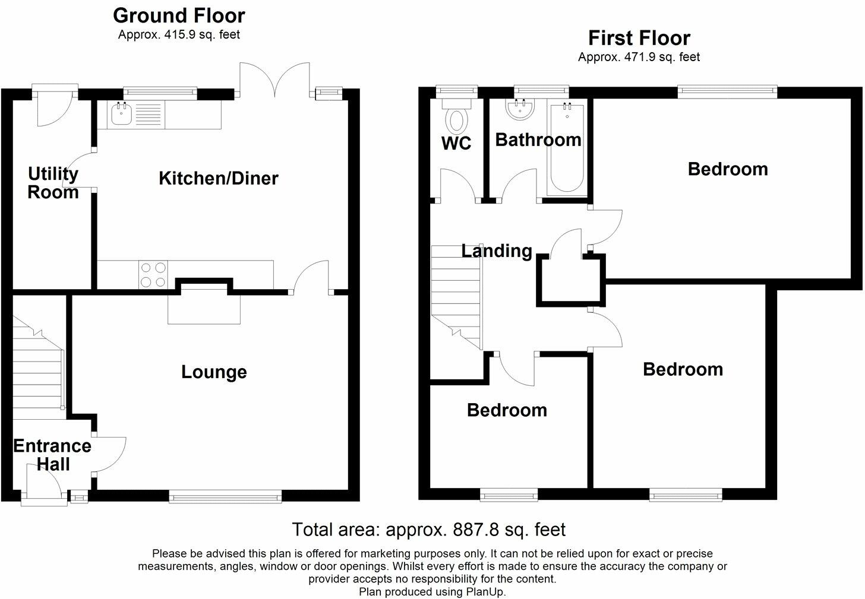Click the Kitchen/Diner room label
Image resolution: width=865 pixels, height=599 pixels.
click(x=218, y=178)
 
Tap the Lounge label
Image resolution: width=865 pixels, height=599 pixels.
click(x=214, y=372)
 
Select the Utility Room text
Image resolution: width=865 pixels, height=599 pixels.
click(x=53, y=183)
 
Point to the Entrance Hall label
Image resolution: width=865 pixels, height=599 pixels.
click(x=52, y=455)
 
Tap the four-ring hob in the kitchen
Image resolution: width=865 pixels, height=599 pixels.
click(x=153, y=275)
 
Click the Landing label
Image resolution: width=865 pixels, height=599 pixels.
click(x=497, y=251)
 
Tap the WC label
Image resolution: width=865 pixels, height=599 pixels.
click(x=456, y=143)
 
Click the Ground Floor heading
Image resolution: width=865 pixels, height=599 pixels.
click(x=179, y=15)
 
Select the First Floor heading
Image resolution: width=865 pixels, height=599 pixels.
click(x=639, y=38)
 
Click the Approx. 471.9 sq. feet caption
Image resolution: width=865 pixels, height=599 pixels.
click(x=639, y=58)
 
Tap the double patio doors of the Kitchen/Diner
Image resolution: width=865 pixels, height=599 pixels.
click(x=274, y=80)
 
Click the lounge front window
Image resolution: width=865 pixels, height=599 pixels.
click(x=225, y=497)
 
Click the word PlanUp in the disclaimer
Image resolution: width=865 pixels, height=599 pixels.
click(x=487, y=592)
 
